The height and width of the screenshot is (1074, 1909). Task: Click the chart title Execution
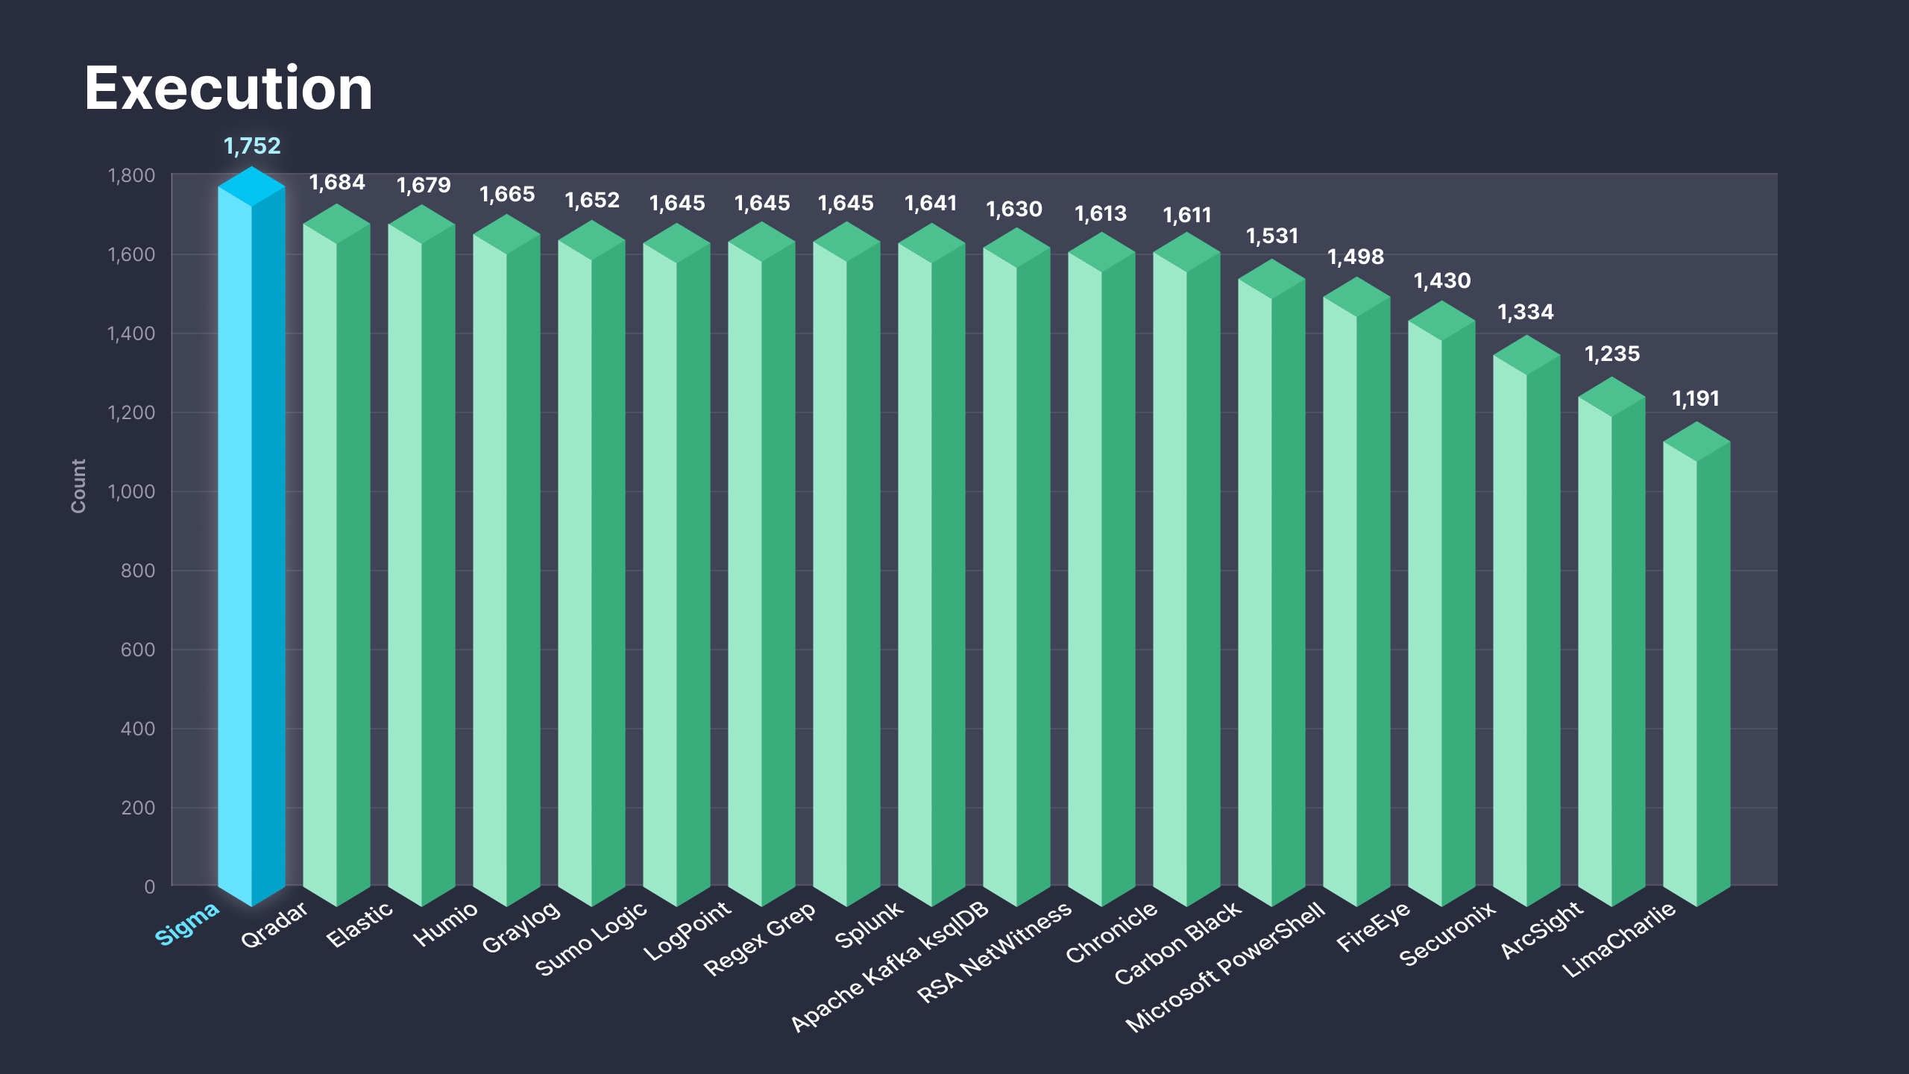click(228, 89)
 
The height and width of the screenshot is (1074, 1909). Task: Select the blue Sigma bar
click(251, 537)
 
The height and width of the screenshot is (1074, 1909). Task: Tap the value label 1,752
click(252, 145)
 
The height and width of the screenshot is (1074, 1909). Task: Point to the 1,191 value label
click(1696, 398)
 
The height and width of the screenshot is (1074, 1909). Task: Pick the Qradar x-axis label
click(274, 925)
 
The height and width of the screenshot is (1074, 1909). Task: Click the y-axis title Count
click(78, 486)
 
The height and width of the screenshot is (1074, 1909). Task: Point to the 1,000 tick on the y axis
click(131, 492)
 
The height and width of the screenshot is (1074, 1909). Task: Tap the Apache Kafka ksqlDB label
click(890, 967)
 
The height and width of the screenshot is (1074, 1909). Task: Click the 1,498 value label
click(1356, 257)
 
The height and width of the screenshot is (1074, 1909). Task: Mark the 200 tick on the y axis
click(138, 808)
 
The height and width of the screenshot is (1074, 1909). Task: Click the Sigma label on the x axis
click(187, 923)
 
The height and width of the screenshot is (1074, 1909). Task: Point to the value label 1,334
click(1526, 312)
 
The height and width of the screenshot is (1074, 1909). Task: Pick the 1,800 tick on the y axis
click(131, 175)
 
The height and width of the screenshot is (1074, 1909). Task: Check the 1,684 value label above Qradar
click(337, 182)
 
